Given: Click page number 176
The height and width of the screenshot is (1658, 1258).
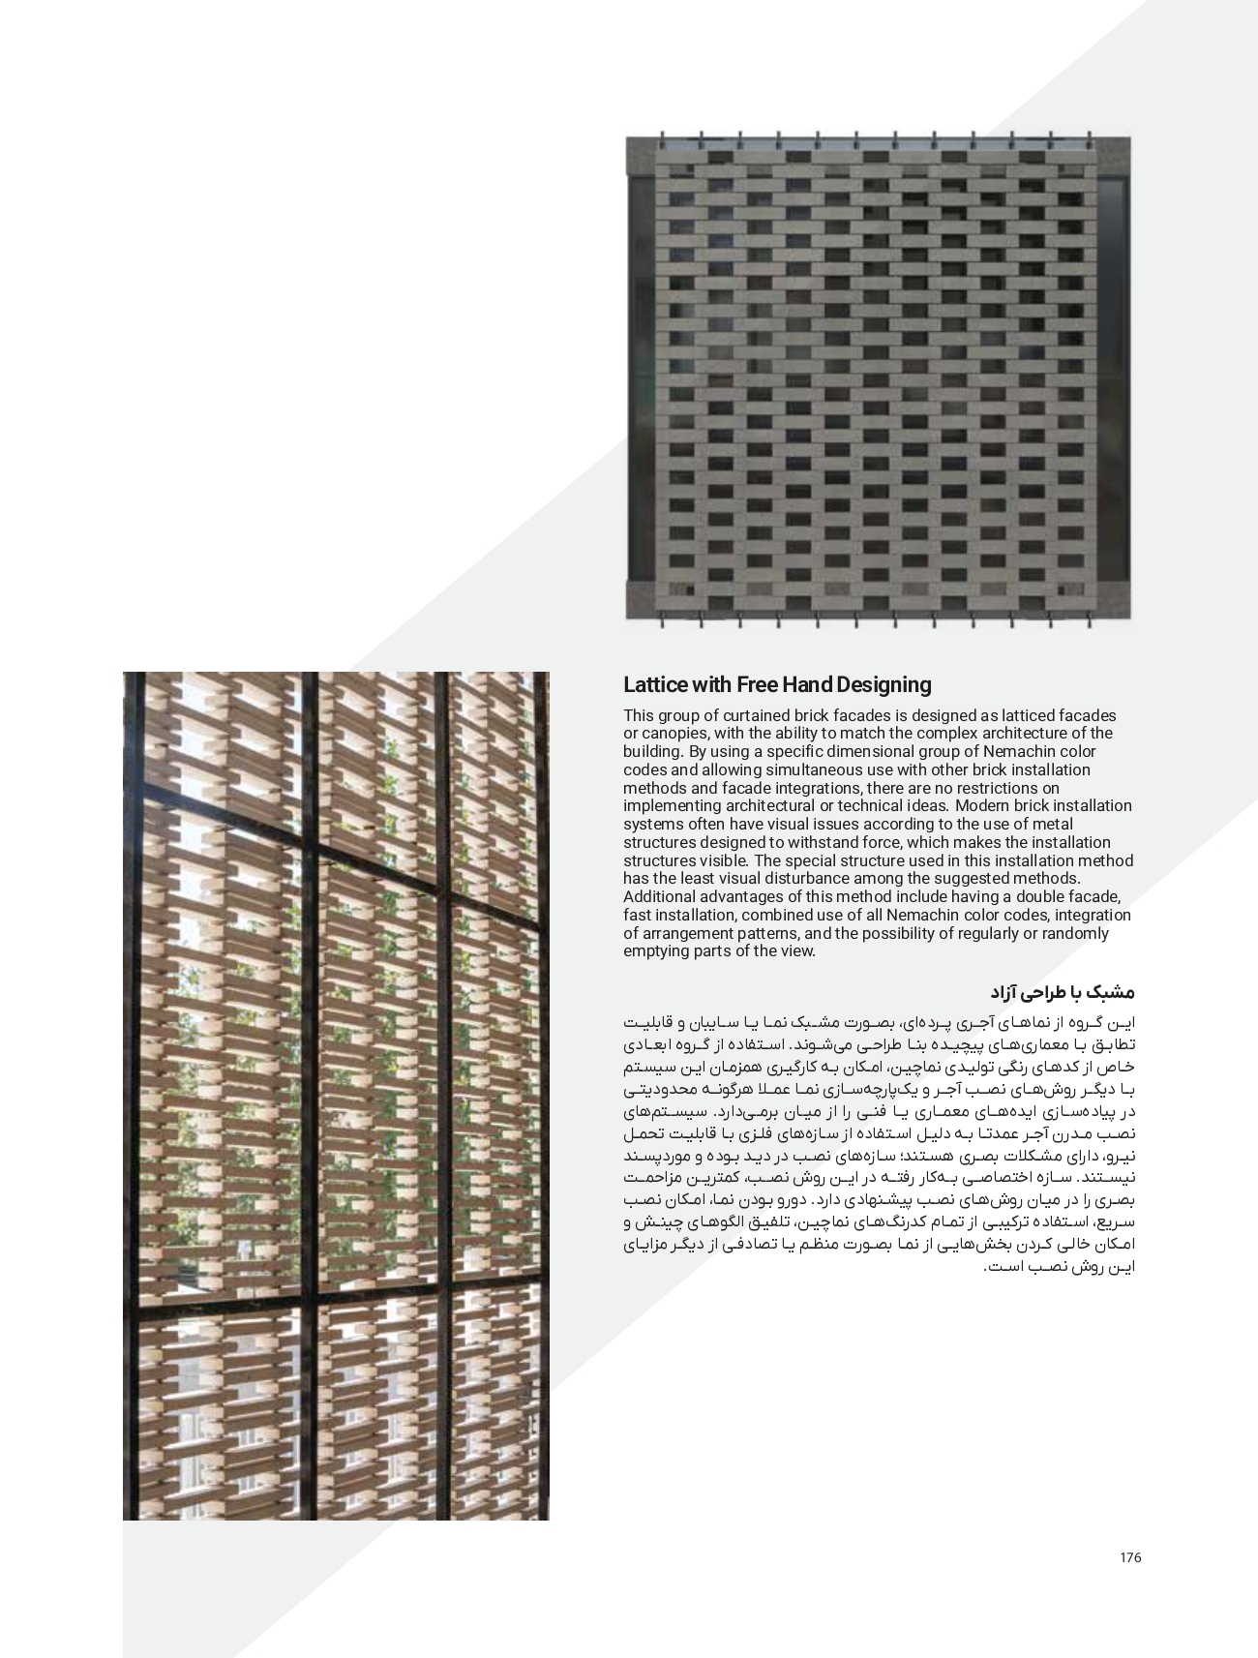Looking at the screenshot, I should tap(1130, 1557).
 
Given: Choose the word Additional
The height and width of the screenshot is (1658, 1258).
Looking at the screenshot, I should tap(657, 896).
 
